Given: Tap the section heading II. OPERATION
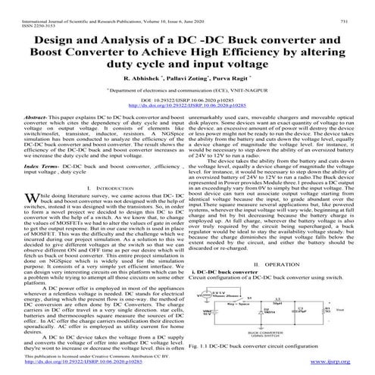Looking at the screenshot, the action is (283, 264).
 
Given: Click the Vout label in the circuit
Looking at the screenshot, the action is (339, 311).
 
